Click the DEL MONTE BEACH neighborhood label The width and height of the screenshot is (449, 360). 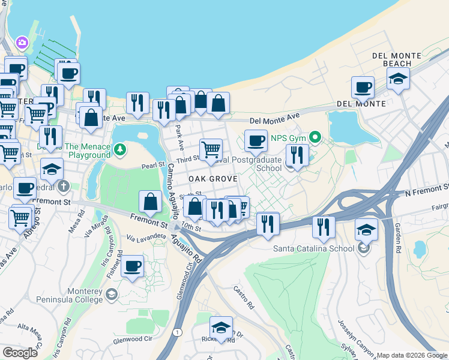point(391,59)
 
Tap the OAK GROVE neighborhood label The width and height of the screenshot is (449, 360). point(213,179)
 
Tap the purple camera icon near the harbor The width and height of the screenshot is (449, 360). point(22,43)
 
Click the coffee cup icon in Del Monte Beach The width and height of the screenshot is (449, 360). point(363,87)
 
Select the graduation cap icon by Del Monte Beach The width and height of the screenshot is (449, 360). point(398,79)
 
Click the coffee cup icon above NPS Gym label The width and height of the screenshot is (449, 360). point(256,140)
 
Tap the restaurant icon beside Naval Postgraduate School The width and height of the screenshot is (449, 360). point(297,155)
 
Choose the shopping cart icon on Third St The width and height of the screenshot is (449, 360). point(211,149)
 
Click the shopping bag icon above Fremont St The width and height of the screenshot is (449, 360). point(150,202)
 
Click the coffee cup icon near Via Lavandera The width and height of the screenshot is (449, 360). point(133,265)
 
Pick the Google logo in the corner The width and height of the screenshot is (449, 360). point(20,353)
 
